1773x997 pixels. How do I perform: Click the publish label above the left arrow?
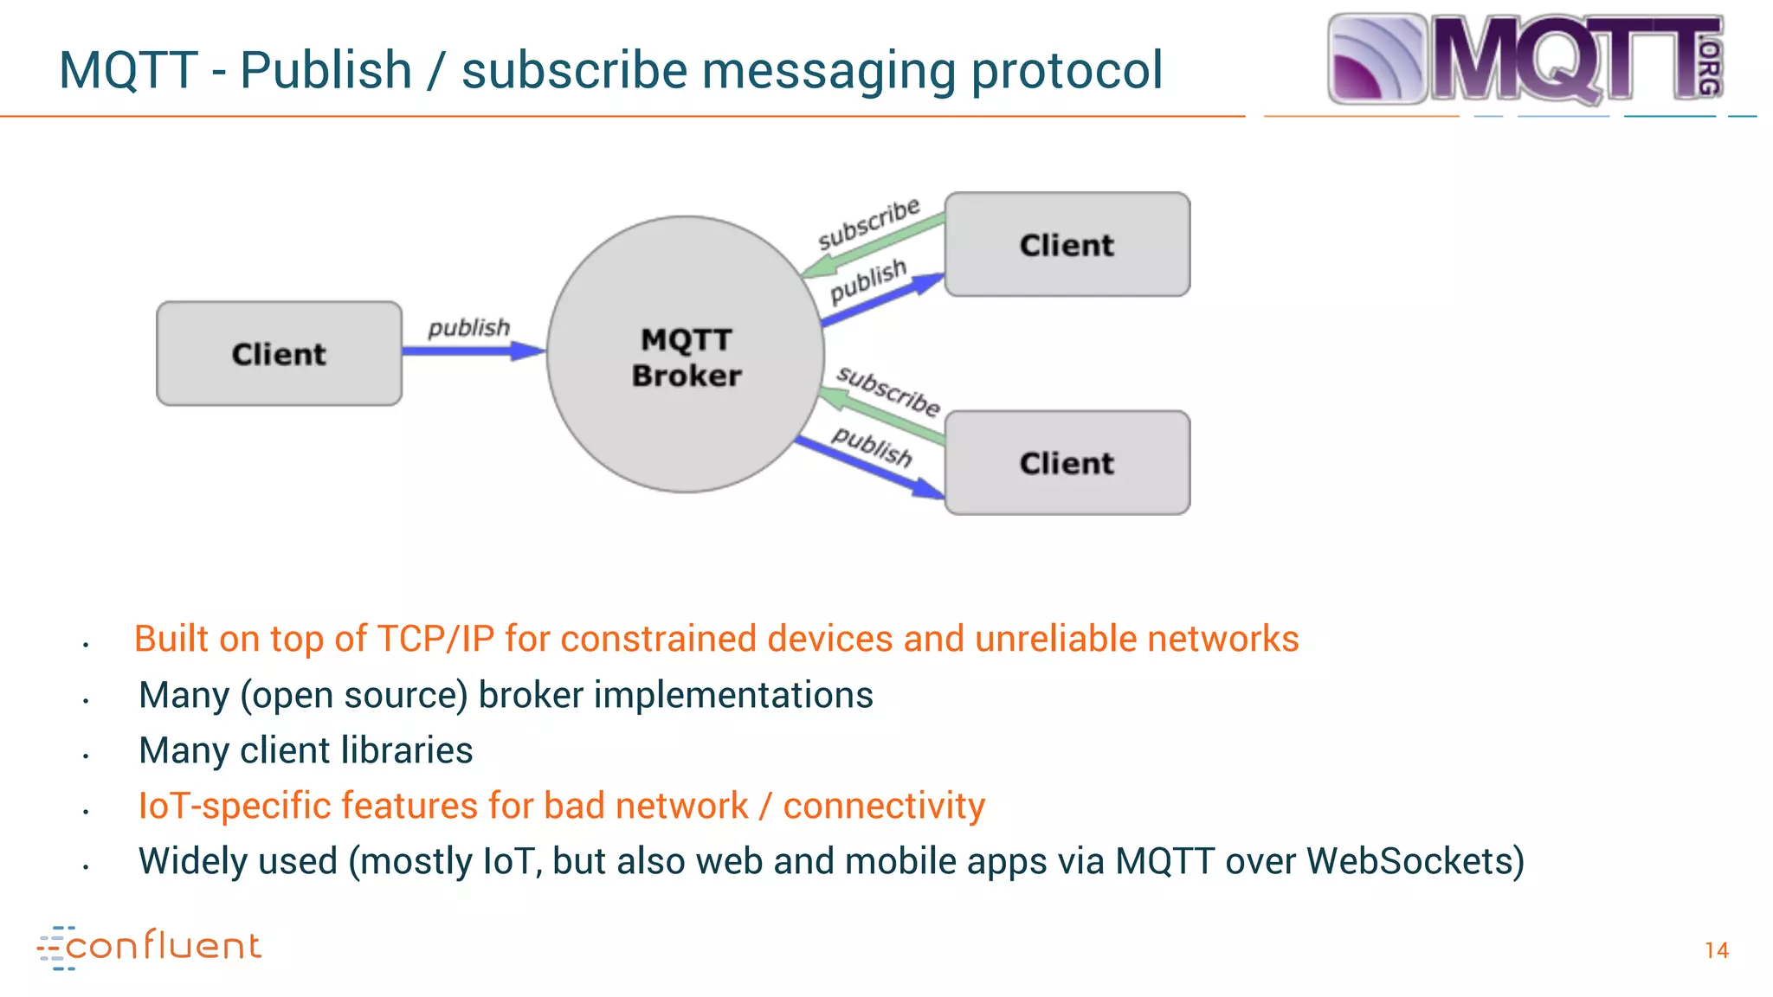click(468, 327)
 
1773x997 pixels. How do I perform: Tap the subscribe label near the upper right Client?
click(868, 222)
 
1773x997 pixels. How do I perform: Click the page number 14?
click(1716, 950)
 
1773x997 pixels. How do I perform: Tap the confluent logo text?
click(163, 946)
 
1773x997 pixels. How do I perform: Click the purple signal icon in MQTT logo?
click(1376, 59)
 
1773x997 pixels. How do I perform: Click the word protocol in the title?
click(1067, 71)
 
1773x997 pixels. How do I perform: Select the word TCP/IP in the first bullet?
click(436, 640)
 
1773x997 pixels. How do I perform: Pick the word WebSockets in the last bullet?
click(1415, 861)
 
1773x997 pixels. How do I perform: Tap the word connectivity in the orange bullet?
click(884, 806)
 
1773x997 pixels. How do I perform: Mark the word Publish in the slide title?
click(326, 71)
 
